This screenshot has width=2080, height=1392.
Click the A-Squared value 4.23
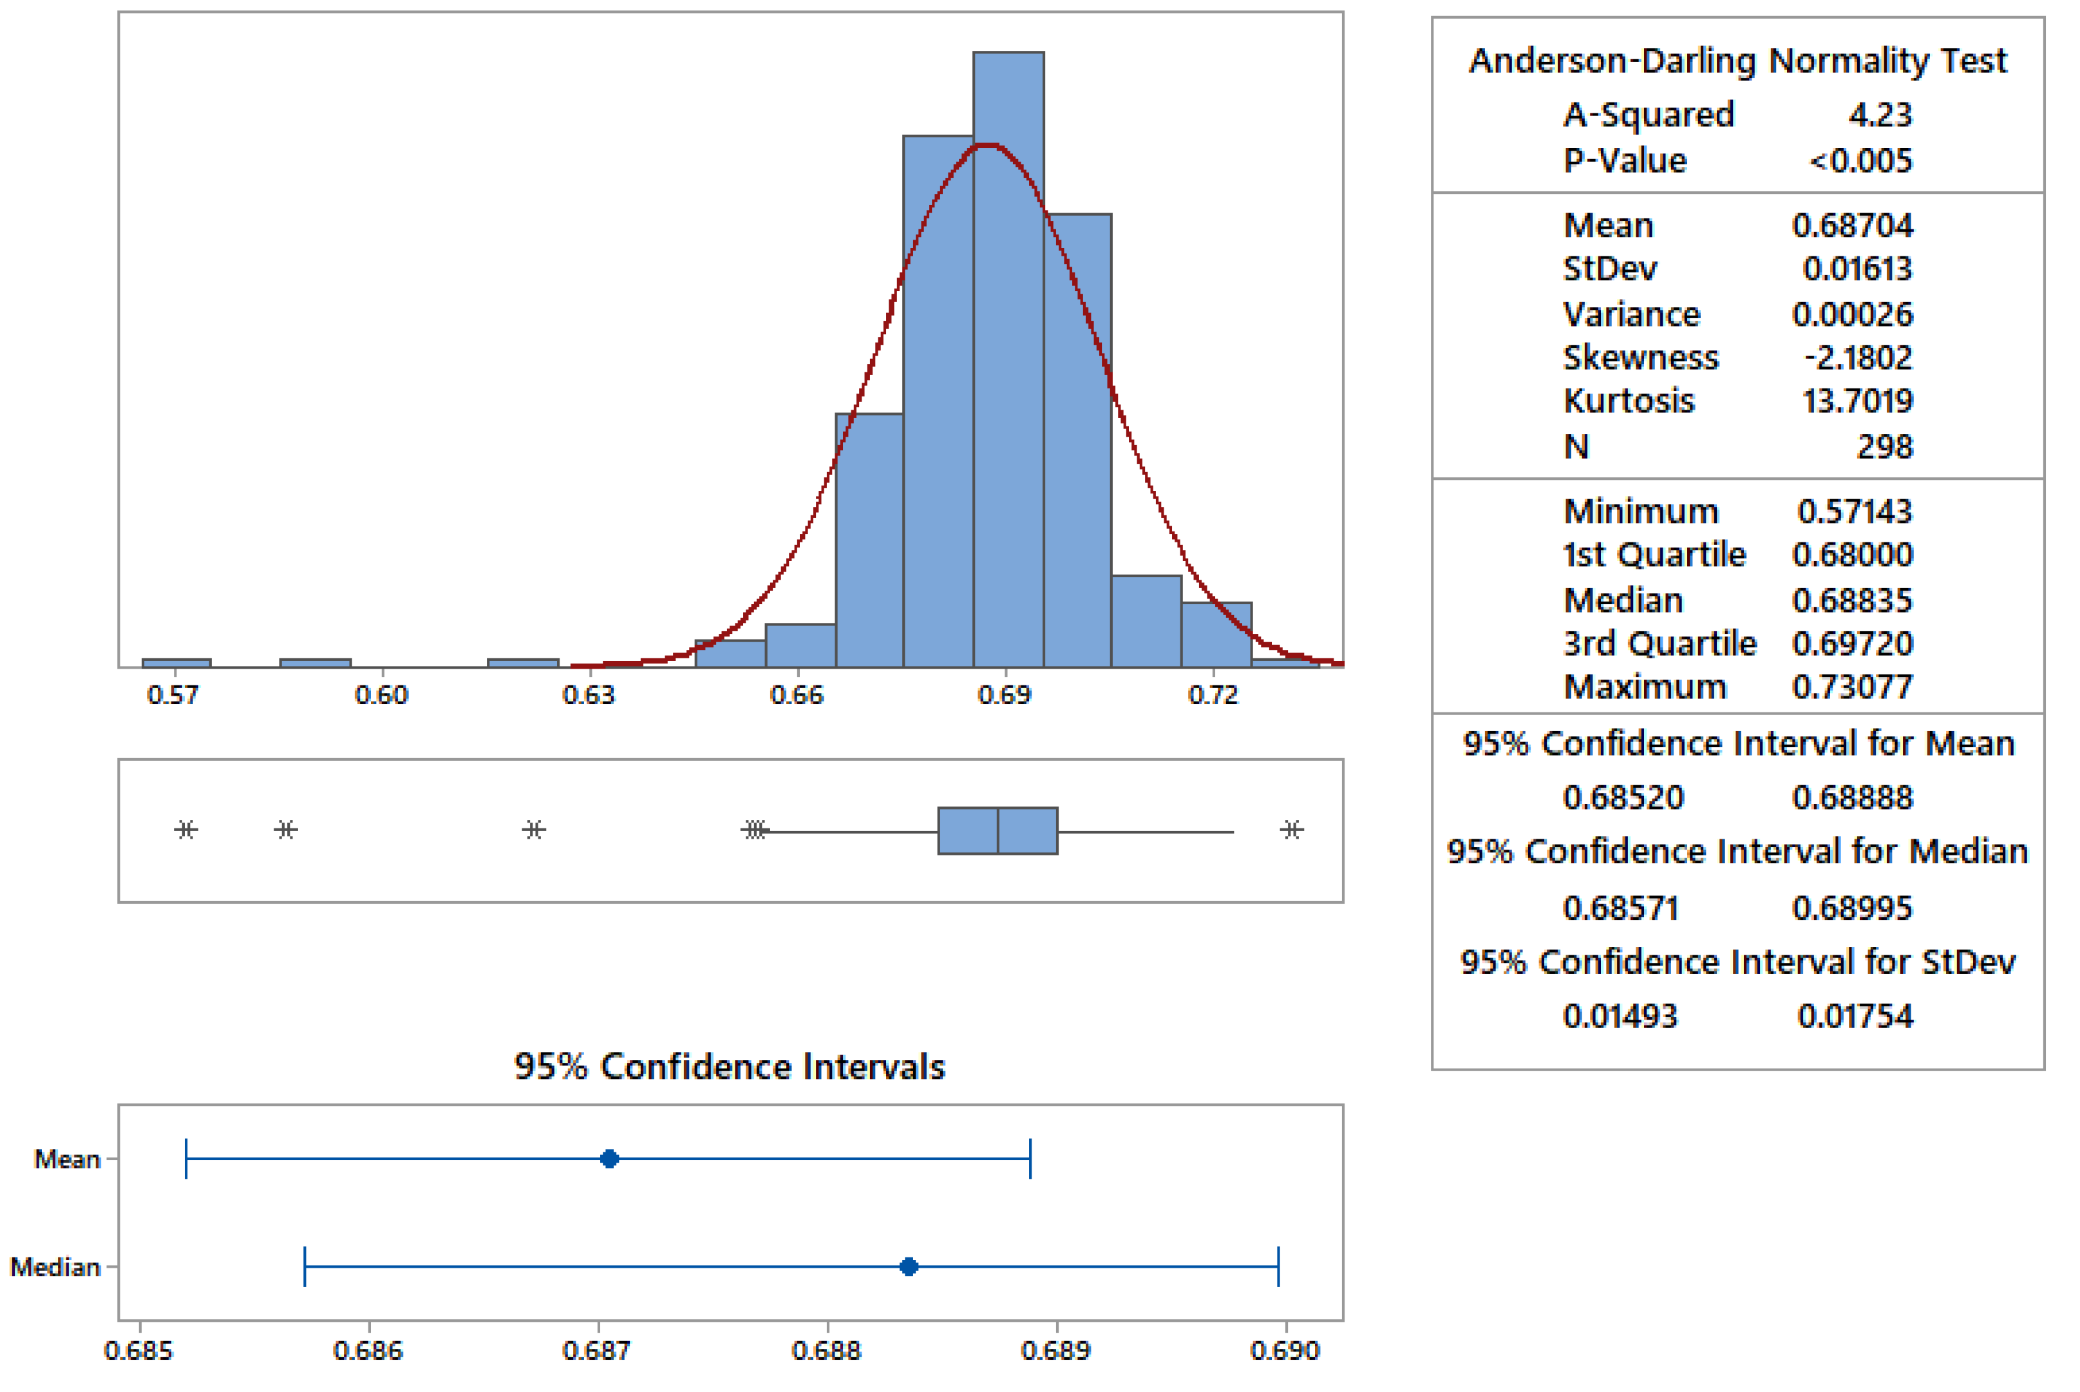tap(1880, 115)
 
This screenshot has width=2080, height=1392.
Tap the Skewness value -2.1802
tap(1857, 357)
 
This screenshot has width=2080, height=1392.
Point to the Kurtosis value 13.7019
tap(1857, 401)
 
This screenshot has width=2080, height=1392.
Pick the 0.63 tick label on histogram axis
tap(589, 694)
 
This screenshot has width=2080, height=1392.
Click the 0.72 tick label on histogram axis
tap(1212, 694)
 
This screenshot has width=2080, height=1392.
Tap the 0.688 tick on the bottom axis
tap(826, 1350)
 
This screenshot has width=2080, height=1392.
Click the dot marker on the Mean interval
tap(609, 1159)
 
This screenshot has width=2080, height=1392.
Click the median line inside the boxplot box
tap(997, 830)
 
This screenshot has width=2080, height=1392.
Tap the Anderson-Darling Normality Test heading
tap(1737, 61)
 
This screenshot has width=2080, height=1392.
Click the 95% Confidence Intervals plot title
tap(730, 1066)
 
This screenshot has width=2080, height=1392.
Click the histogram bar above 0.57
tap(176, 662)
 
